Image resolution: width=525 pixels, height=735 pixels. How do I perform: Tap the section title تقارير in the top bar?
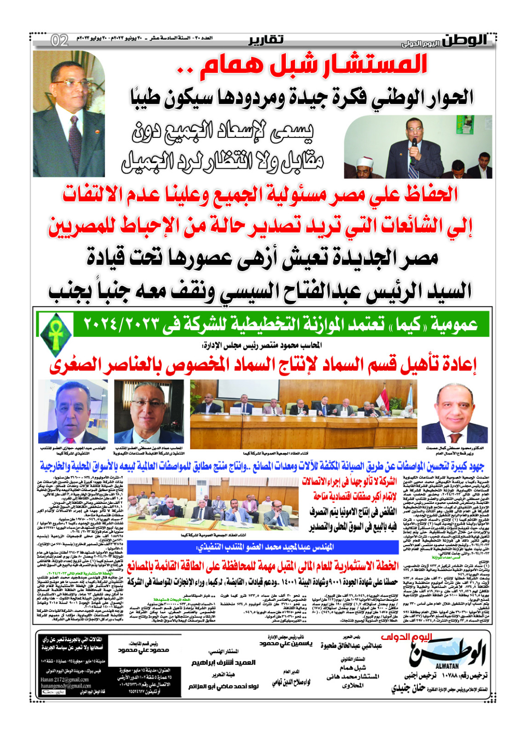[266, 40]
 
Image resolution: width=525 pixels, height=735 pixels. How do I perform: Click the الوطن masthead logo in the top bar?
[465, 40]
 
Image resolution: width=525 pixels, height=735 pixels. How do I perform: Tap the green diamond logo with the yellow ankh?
[56, 333]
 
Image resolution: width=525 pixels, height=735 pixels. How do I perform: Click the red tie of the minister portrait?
[455, 436]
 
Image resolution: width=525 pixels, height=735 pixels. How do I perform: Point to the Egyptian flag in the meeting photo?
[382, 396]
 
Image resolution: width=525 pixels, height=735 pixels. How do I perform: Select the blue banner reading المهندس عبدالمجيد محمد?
[262, 547]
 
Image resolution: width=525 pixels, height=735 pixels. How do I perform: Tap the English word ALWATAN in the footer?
[445, 666]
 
